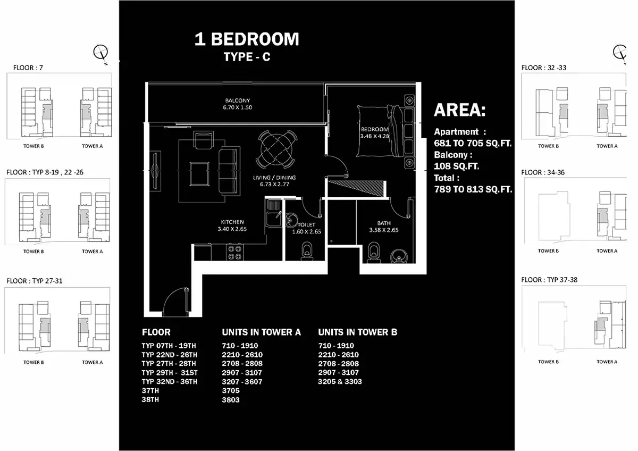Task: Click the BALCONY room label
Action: click(x=237, y=101)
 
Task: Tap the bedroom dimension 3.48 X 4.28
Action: click(x=374, y=136)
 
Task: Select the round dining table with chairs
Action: click(x=276, y=149)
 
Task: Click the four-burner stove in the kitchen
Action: click(x=234, y=253)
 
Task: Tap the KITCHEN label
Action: click(x=232, y=222)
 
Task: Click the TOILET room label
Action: click(x=306, y=224)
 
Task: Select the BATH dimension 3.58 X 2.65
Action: click(x=384, y=230)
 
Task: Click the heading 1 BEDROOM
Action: click(x=247, y=39)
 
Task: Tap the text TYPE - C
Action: click(x=247, y=57)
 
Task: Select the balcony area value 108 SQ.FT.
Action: click(x=456, y=166)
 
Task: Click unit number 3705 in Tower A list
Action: click(x=231, y=390)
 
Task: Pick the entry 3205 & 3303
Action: click(x=340, y=381)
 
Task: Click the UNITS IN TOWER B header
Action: click(x=357, y=332)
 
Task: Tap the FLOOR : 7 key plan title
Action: click(x=28, y=68)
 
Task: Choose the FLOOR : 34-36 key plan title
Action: click(x=543, y=172)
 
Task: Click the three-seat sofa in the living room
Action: click(x=229, y=171)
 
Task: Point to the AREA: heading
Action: click(x=459, y=110)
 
